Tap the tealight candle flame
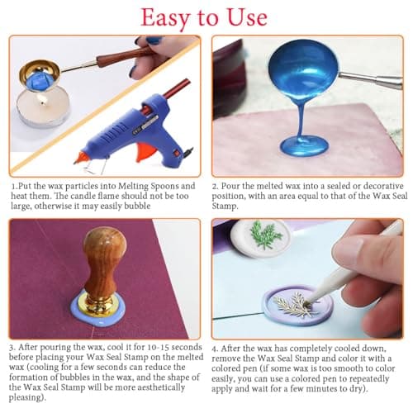tap(42, 102)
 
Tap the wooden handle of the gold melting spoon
tap(122, 57)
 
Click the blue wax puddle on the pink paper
tap(305, 146)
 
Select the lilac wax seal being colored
tap(297, 306)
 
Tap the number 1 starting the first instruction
tap(12, 187)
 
